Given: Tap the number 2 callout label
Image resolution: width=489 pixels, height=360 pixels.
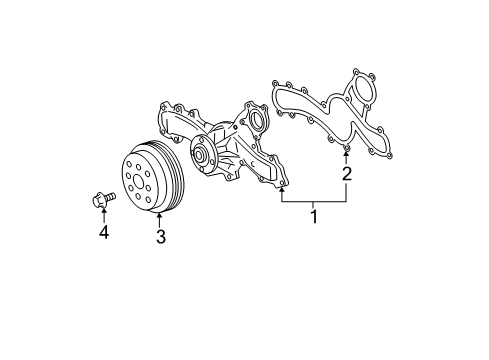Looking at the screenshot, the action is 346,174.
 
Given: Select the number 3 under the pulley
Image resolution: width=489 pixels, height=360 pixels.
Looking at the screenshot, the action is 159,237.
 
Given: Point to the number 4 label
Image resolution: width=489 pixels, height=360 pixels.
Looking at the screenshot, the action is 103,234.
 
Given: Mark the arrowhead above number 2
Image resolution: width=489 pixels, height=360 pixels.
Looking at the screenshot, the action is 346,156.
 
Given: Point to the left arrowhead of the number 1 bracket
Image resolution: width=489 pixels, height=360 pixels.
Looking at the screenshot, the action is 281,187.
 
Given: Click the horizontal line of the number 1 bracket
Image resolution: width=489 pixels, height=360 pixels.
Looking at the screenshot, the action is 313,202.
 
